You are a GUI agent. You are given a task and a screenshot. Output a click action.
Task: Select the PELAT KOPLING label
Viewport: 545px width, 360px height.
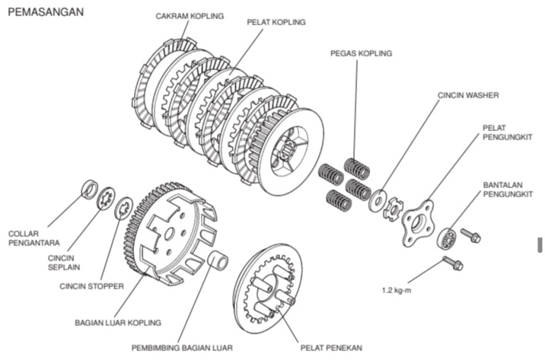[276, 22]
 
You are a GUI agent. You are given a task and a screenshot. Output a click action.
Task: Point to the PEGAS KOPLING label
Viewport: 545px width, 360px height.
[361, 53]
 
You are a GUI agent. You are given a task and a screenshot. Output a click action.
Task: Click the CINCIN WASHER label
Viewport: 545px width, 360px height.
[467, 97]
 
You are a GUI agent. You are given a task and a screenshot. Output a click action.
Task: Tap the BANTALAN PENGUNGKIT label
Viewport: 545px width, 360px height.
[505, 190]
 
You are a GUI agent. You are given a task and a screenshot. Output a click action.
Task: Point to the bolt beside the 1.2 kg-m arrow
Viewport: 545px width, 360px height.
[453, 264]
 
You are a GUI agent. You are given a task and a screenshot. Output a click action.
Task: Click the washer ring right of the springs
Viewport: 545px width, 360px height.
[377, 202]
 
